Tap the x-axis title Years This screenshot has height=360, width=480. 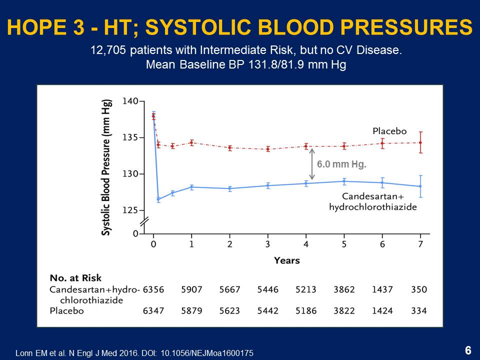click(x=286, y=260)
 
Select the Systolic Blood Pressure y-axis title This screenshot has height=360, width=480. click(x=106, y=166)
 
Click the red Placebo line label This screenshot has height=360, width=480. click(x=389, y=131)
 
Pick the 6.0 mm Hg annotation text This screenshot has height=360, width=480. click(x=338, y=164)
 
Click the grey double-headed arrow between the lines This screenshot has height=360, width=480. click(x=312, y=164)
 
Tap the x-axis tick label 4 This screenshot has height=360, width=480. click(x=306, y=244)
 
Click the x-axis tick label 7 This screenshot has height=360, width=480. click(x=420, y=244)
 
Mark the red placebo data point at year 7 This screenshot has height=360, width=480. click(x=420, y=142)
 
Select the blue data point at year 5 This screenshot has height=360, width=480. click(x=344, y=181)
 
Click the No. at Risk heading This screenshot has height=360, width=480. click(x=75, y=278)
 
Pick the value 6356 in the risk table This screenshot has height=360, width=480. click(x=153, y=289)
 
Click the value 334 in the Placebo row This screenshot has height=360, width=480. click(x=419, y=311)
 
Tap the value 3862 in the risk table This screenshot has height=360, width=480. click(x=344, y=289)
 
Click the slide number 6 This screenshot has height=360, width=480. click(x=468, y=350)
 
